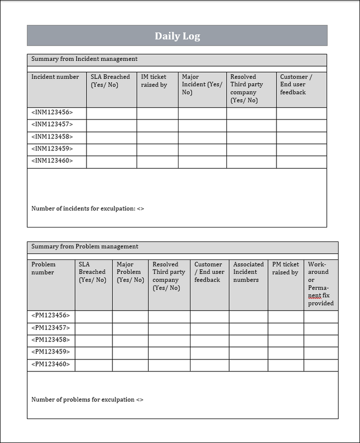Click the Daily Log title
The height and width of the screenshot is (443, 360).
click(177, 36)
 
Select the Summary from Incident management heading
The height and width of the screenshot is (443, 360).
click(84, 59)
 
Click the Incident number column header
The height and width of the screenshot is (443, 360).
click(55, 77)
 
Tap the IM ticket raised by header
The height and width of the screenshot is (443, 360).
click(154, 81)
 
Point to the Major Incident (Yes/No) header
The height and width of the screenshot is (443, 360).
click(201, 84)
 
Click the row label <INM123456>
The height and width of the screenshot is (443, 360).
click(52, 112)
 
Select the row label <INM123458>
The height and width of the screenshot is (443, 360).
click(52, 136)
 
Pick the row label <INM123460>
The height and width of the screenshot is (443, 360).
click(52, 160)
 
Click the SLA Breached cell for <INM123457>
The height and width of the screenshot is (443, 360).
click(111, 124)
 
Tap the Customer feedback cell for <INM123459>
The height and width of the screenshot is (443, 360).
click(301, 148)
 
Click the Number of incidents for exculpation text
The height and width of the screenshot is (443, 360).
click(87, 208)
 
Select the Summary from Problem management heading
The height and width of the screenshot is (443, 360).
click(85, 246)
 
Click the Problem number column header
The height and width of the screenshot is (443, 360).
click(43, 268)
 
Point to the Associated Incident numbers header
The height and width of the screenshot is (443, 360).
click(248, 272)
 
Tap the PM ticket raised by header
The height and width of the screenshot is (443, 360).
click(285, 268)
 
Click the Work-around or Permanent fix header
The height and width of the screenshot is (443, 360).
click(320, 283)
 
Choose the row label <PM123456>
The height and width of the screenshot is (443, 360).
click(50, 315)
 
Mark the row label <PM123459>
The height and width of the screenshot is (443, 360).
click(50, 351)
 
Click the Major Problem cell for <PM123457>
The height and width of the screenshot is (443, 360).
click(130, 328)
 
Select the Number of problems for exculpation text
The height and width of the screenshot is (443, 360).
click(87, 399)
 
